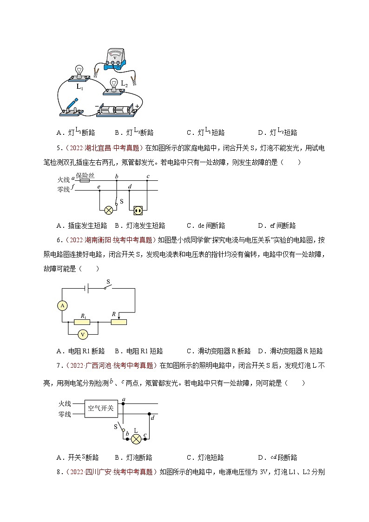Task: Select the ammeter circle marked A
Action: coord(62,305)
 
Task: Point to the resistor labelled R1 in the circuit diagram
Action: coord(83,322)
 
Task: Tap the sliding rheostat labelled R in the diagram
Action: coord(119,322)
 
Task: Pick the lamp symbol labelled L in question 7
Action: coord(136,439)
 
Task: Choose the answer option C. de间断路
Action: coord(206,225)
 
